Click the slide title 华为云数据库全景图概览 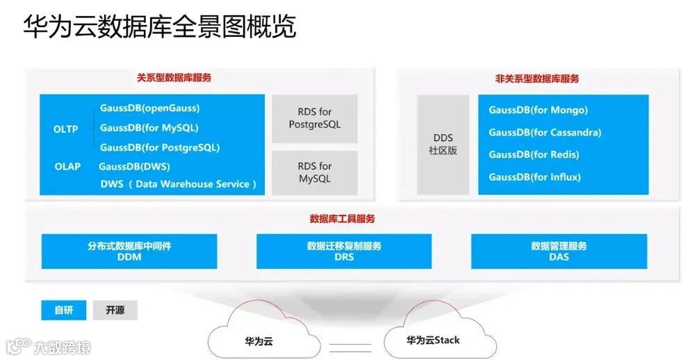click(x=160, y=27)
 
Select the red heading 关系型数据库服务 click(x=174, y=78)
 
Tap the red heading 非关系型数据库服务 click(x=537, y=79)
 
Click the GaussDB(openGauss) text click(x=149, y=108)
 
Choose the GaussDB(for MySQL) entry click(x=149, y=128)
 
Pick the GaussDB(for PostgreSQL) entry click(x=159, y=147)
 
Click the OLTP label click(x=66, y=129)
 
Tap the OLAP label click(x=67, y=167)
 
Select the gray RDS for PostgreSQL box click(x=314, y=118)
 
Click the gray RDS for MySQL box click(x=314, y=172)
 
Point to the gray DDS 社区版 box click(x=443, y=144)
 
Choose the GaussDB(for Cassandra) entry click(x=544, y=132)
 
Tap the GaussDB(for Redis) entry click(x=533, y=154)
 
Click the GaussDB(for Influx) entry click(x=534, y=177)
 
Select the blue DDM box click(x=129, y=251)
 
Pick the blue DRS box click(x=343, y=251)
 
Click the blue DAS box click(x=558, y=251)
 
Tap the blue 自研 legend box click(x=63, y=310)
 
